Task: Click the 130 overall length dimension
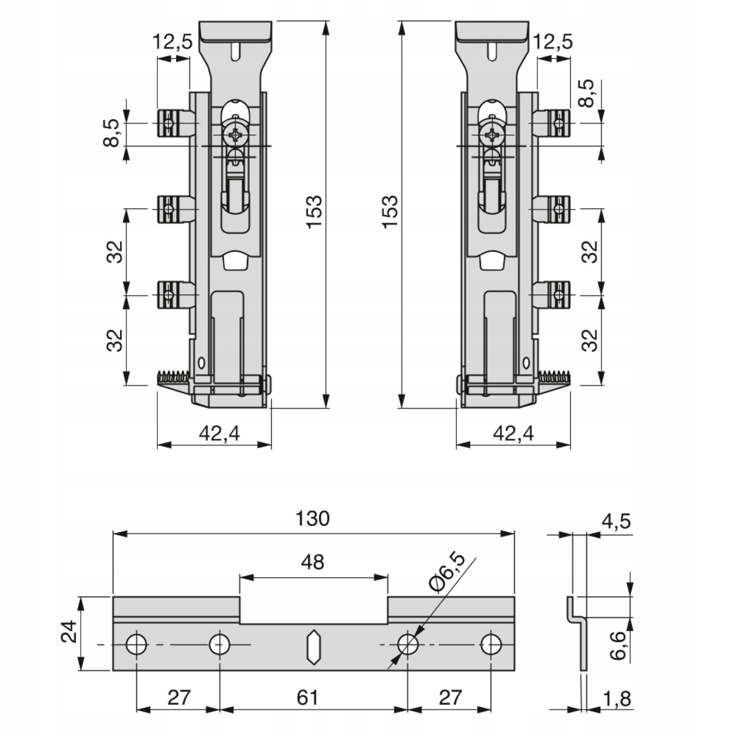click(313, 518)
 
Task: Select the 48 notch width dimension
click(313, 562)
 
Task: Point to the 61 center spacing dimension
click(308, 697)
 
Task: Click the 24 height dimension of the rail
click(69, 632)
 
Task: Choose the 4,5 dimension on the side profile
click(616, 521)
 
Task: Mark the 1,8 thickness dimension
click(617, 699)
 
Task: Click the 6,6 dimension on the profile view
click(618, 645)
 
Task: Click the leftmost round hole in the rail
click(136, 645)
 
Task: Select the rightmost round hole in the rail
click(491, 645)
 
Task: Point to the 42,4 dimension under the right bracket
click(513, 433)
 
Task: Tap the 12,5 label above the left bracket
click(173, 42)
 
